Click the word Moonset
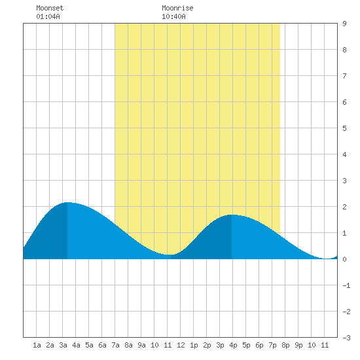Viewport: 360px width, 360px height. [50, 8]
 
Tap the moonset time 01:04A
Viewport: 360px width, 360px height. [48, 16]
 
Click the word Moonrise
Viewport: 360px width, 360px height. [177, 8]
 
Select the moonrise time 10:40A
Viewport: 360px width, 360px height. [173, 16]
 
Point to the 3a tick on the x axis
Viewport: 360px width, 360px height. [63, 345]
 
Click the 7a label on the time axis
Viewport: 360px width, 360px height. [115, 345]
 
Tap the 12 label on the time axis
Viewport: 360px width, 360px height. [181, 345]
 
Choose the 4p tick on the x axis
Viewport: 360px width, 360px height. [233, 345]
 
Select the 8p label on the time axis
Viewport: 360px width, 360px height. [285, 345]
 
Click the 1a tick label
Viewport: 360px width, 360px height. [37, 345]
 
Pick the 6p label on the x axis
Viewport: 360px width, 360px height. [259, 345]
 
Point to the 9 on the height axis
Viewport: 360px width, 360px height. [344, 24]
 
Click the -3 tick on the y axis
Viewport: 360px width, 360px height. [346, 338]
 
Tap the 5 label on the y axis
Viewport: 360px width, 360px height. [344, 128]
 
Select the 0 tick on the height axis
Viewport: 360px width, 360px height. [344, 259]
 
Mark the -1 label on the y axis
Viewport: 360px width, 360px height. [346, 285]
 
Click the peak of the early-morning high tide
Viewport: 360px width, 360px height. [67, 202]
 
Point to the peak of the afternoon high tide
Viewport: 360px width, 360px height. [232, 215]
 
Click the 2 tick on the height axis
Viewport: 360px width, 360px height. [344, 207]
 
